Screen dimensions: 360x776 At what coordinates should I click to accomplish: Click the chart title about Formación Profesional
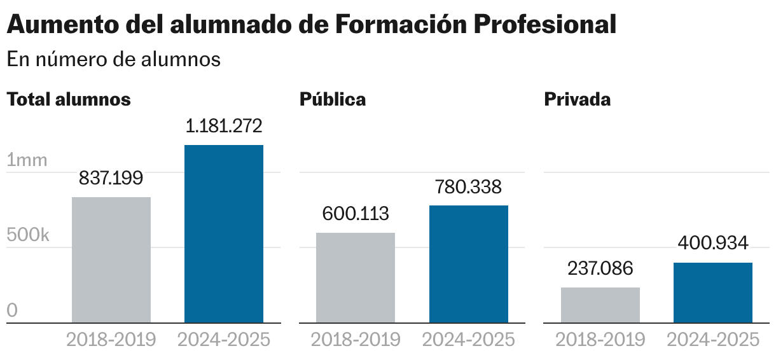pyautogui.click(x=311, y=24)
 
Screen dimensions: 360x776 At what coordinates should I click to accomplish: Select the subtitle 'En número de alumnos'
pyautogui.click(x=113, y=59)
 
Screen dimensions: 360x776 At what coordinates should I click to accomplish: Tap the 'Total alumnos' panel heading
pyautogui.click(x=69, y=99)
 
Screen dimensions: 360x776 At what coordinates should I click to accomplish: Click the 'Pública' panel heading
pyautogui.click(x=333, y=99)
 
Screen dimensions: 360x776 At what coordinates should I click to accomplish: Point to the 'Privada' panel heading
pyautogui.click(x=577, y=99)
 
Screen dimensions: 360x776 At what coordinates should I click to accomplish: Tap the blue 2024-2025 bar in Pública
pyautogui.click(x=469, y=264)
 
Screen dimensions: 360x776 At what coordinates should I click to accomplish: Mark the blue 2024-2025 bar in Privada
pyautogui.click(x=713, y=293)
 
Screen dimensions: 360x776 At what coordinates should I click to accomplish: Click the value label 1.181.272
pyautogui.click(x=224, y=126)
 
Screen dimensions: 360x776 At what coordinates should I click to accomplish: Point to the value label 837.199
pyautogui.click(x=111, y=178)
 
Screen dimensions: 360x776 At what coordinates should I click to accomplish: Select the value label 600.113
pyautogui.click(x=356, y=214)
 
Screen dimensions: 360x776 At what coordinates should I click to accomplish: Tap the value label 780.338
pyautogui.click(x=469, y=187)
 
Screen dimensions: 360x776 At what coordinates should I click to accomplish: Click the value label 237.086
pyautogui.click(x=600, y=268)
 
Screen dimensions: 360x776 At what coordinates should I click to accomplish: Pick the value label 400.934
pyautogui.click(x=713, y=244)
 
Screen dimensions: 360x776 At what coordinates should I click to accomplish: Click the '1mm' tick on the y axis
pyautogui.click(x=27, y=160)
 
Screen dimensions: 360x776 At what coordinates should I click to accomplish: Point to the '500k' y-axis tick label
pyautogui.click(x=28, y=235)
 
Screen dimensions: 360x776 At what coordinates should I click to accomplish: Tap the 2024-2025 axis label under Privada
pyautogui.click(x=713, y=340)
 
